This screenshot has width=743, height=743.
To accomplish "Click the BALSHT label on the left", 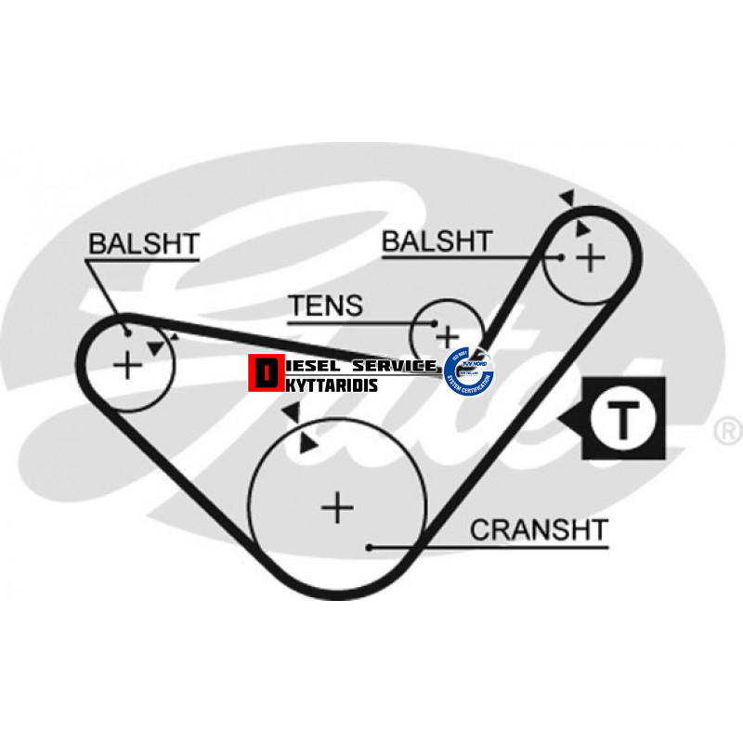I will tap(143, 244).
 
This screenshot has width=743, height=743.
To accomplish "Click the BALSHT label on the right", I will tap(437, 241).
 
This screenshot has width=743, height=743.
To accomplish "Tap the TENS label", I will tap(325, 306).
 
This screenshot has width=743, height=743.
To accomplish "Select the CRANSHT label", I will tap(539, 530).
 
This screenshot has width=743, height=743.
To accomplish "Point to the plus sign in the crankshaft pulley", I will tap(338, 507).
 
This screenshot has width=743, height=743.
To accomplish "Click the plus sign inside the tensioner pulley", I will tap(449, 335).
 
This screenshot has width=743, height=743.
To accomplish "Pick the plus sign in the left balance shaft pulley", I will tap(127, 365).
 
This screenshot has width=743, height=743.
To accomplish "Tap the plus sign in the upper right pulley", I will tap(591, 257).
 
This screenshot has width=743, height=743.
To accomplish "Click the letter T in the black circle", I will tap(624, 420).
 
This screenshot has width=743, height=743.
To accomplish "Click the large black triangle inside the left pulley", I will tap(156, 347).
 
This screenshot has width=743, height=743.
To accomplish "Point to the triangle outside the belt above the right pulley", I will tap(567, 198).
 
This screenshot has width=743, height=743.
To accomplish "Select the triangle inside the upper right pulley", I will tap(581, 228).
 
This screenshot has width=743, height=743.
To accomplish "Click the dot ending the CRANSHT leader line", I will tap(370, 547).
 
